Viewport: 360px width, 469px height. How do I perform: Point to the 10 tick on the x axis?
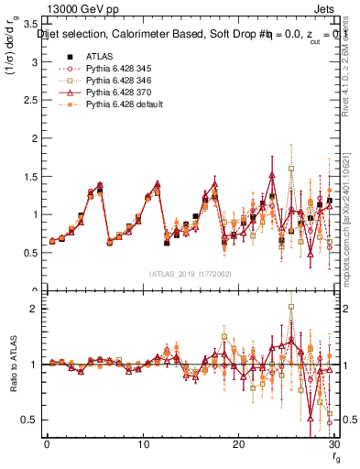click(142, 443)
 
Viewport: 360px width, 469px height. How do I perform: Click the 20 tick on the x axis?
click(238, 443)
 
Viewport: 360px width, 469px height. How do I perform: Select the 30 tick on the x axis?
click(333, 443)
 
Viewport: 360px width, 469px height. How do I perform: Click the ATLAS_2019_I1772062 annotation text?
click(190, 274)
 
